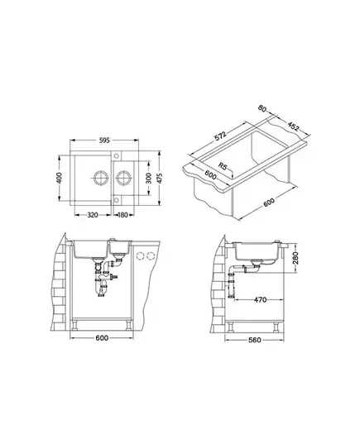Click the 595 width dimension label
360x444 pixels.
[104, 141]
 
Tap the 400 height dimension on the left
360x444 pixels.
[60, 178]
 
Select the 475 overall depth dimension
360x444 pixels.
[160, 178]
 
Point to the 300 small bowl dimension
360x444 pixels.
[148, 178]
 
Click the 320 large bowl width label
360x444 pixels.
[93, 215]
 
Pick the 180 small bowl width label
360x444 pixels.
[122, 215]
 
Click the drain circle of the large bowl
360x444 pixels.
[101, 178]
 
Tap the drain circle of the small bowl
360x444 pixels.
[123, 178]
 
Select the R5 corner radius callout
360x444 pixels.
[223, 167]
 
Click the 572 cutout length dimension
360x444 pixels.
[220, 136]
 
